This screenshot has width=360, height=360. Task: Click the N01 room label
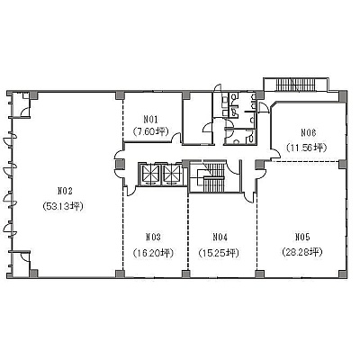click(x=150, y=120)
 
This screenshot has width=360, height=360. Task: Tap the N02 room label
click(x=65, y=191)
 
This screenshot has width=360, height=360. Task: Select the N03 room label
click(x=153, y=238)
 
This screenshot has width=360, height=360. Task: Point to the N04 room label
click(x=220, y=238)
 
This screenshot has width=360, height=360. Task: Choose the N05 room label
click(x=302, y=238)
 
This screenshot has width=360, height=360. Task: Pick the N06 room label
click(x=309, y=132)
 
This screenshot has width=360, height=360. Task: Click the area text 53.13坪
click(x=63, y=206)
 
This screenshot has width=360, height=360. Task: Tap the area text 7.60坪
click(x=151, y=131)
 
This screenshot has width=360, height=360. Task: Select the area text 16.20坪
click(x=153, y=254)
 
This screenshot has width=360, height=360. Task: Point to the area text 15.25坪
click(x=219, y=254)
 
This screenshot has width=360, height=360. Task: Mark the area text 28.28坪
click(x=302, y=251)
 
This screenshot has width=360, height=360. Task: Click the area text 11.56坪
click(x=306, y=148)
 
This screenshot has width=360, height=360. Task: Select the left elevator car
click(x=150, y=174)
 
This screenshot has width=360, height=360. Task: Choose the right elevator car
click(x=172, y=174)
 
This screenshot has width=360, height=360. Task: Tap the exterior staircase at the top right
click(x=295, y=85)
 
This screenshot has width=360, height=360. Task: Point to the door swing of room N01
click(x=176, y=138)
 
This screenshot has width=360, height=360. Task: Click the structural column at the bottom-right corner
click(x=343, y=274)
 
